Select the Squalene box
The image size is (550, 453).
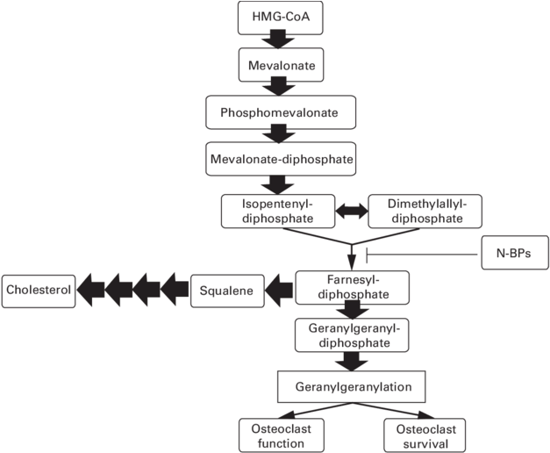point(227,289)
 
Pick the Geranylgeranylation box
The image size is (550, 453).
point(353,385)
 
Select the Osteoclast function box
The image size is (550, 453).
point(280,435)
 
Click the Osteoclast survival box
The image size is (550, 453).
point(424,435)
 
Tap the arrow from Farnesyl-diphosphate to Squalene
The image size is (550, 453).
point(280,286)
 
